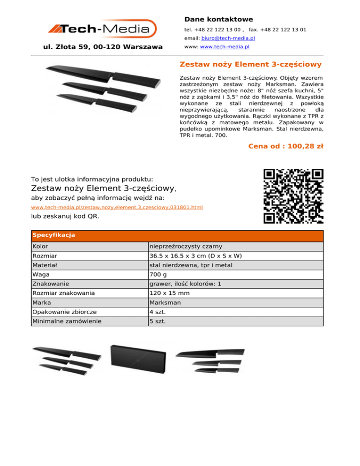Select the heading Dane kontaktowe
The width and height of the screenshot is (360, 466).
[x=218, y=19]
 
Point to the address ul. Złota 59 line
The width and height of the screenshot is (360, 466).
[x=103, y=47]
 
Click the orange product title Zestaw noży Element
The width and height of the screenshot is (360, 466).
[x=251, y=64]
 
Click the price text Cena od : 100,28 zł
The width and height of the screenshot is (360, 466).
[x=286, y=146]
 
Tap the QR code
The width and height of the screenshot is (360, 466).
[x=293, y=195]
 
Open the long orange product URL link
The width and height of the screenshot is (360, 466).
[x=117, y=207]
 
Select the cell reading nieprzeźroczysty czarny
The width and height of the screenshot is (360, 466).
[x=186, y=246]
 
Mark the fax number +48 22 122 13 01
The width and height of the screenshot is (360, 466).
[x=283, y=30]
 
